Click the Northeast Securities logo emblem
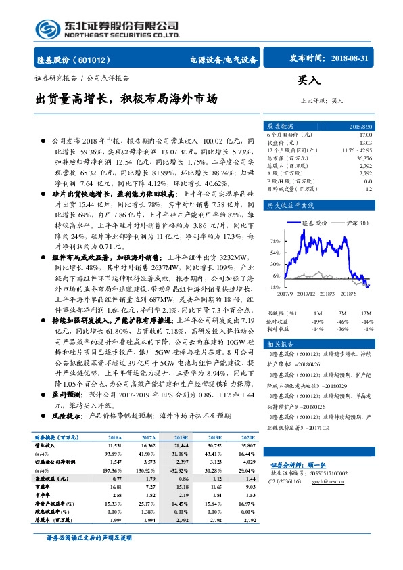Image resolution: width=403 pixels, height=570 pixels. click(47, 28)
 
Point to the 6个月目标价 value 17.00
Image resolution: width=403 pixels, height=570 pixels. click(366, 135)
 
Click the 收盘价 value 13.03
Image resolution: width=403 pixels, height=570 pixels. click(366, 142)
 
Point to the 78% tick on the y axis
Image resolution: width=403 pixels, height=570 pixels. click(275, 241)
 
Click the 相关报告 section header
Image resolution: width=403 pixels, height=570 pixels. click(281, 345)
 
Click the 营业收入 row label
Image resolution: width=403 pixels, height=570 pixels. click(47, 447)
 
